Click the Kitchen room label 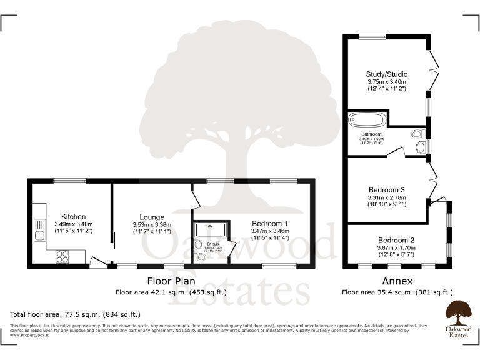tap(73, 217)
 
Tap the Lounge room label tap(152, 217)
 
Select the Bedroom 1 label tap(269, 224)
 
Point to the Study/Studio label tap(386, 74)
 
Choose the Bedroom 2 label tap(396, 240)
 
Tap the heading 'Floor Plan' tap(171, 281)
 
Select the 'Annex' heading tap(397, 281)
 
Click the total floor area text tap(76, 314)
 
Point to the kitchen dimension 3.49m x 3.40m tap(73, 224)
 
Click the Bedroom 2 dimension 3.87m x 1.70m tap(396, 247)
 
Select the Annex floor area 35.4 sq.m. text tap(397, 292)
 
